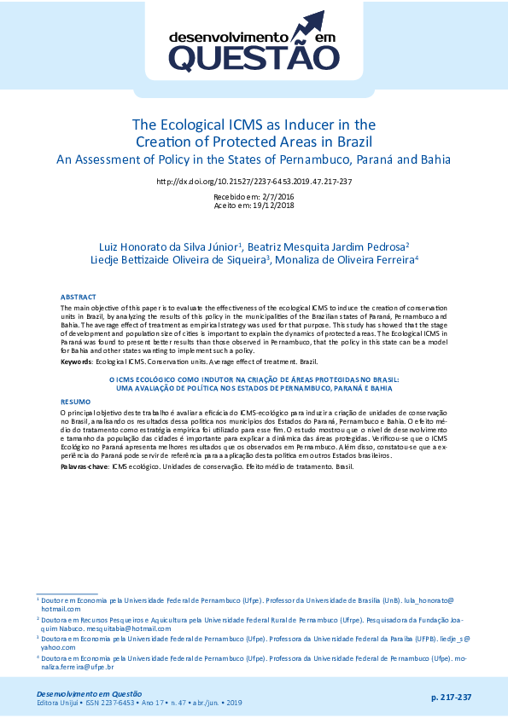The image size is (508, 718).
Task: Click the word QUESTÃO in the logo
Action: tap(254, 58)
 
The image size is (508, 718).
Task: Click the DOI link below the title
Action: tap(254, 182)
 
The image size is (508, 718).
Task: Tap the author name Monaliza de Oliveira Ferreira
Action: tap(344, 259)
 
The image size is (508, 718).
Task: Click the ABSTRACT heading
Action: tap(79, 297)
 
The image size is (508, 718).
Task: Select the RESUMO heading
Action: tap(75, 401)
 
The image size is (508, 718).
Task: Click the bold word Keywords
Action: tap(77, 362)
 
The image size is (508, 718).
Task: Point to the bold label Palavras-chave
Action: tap(84, 468)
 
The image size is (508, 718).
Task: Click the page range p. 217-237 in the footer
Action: tap(451, 698)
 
